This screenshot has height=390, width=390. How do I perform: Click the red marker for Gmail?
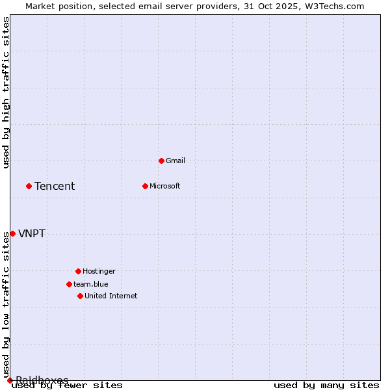pos(161,161)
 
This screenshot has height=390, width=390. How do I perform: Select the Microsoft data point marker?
pos(145,186)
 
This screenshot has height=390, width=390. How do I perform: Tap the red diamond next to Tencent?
pos(29,186)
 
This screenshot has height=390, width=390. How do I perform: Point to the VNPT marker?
pos(12,233)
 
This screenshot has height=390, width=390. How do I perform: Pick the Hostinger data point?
pos(78,271)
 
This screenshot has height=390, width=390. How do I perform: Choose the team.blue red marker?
pos(69,284)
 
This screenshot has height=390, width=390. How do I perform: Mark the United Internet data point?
pos(80,296)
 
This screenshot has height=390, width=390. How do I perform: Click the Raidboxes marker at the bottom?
pos(10,380)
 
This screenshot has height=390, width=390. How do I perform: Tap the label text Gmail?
pos(175,161)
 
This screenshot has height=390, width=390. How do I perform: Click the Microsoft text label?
pos(165,186)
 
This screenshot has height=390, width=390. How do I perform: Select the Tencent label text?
pos(55,187)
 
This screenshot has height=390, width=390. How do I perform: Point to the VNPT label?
pos(32,234)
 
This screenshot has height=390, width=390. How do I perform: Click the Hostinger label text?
pos(99,271)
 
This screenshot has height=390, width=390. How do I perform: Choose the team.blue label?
pos(91,284)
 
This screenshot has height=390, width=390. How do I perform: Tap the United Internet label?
pos(111,296)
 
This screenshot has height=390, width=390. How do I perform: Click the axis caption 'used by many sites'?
pos(326,385)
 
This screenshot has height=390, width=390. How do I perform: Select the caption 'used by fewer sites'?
pos(67,385)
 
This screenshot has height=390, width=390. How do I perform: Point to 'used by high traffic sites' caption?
pos(6,92)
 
